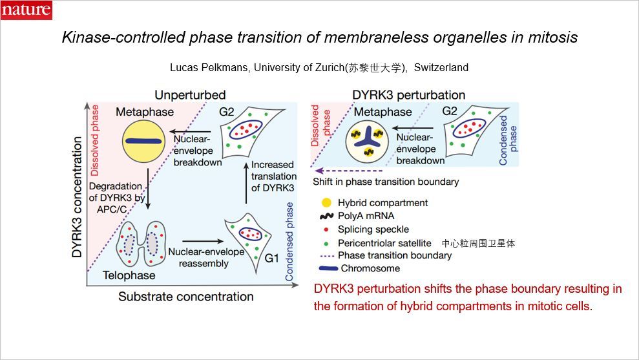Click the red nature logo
pyautogui.click(x=26, y=10)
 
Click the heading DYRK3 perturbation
pyautogui.click(x=408, y=95)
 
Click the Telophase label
pyautogui.click(x=129, y=275)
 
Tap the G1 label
pyautogui.click(x=273, y=257)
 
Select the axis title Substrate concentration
pyautogui.click(x=186, y=297)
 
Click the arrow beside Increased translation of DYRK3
pyautogui.click(x=246, y=182)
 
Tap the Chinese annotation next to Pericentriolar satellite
pyautogui.click(x=479, y=243)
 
